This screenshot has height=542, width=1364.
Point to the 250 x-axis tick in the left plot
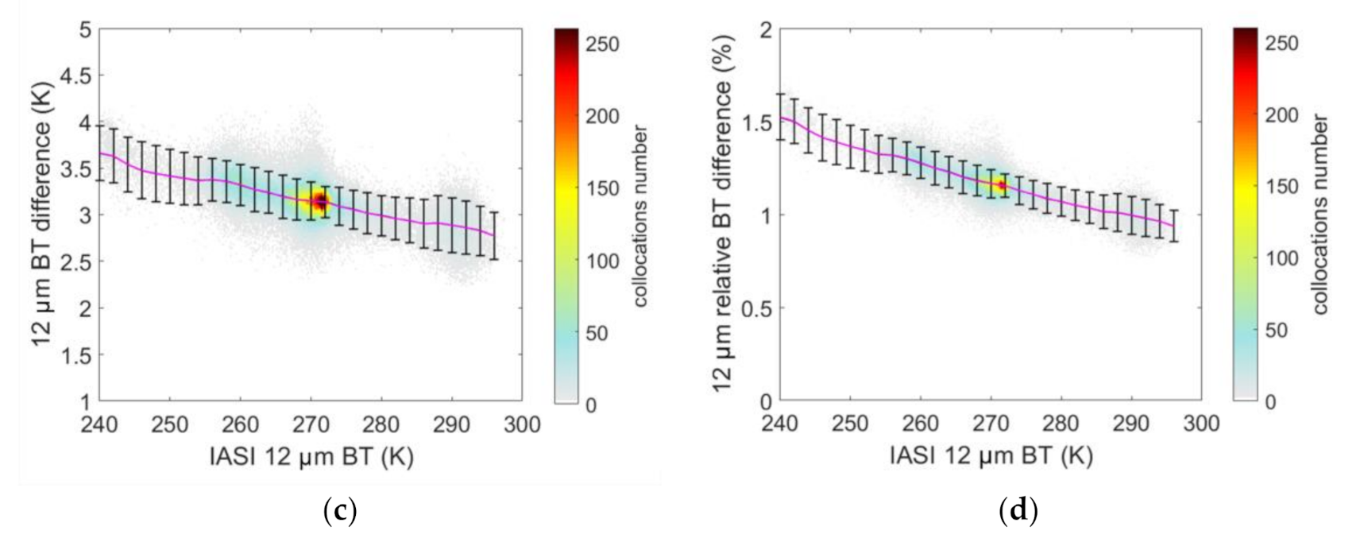pos(169,424)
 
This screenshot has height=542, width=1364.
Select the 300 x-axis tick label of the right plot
pos(1200,424)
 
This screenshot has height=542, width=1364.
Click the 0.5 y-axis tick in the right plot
pos(755,308)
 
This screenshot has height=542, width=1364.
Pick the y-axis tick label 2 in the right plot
pos(766,30)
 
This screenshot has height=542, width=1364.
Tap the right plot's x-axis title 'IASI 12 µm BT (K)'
pos(991,455)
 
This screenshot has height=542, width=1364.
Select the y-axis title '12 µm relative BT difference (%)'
pos(722,215)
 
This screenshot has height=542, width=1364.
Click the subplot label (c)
pos(341,510)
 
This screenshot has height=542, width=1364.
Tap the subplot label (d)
pos(1018,510)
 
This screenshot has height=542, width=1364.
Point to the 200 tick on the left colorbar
pos(603,116)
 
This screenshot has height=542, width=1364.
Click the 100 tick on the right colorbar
pos(1281,258)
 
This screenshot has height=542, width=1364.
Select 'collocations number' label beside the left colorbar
pos(640,216)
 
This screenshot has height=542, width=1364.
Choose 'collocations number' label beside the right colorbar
pos(1320,215)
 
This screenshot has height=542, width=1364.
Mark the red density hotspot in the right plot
pos(1002,185)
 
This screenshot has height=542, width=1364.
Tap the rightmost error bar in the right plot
pos(1174,226)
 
